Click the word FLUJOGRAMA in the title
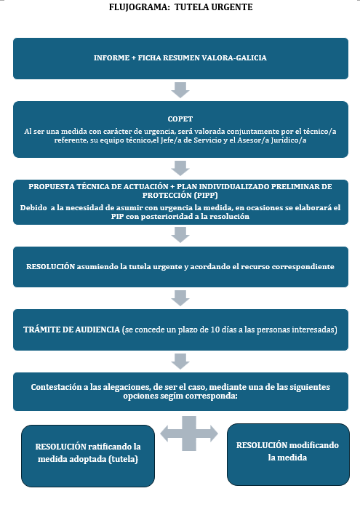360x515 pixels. pyautogui.click(x=139, y=7)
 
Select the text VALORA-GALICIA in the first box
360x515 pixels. pyautogui.click(x=234, y=57)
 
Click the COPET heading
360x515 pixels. pyautogui.click(x=180, y=119)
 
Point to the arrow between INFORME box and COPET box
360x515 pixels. pyautogui.click(x=180, y=90)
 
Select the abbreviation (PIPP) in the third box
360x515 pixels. pyautogui.click(x=205, y=196)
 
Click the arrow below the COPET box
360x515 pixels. pyautogui.click(x=180, y=169)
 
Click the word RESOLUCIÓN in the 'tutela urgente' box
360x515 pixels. pyautogui.click(x=51, y=267)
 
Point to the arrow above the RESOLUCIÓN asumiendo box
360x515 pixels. pyautogui.click(x=180, y=235)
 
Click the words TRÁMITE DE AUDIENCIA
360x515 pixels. pyautogui.click(x=71, y=330)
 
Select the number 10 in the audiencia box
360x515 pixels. pyautogui.click(x=215, y=330)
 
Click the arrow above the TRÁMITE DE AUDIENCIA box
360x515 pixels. pyautogui.click(x=180, y=298)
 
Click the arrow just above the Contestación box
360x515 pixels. pyautogui.click(x=180, y=362)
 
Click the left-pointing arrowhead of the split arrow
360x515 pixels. pyautogui.click(x=167, y=434)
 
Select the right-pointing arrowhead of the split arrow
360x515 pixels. pyautogui.click(x=212, y=434)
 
